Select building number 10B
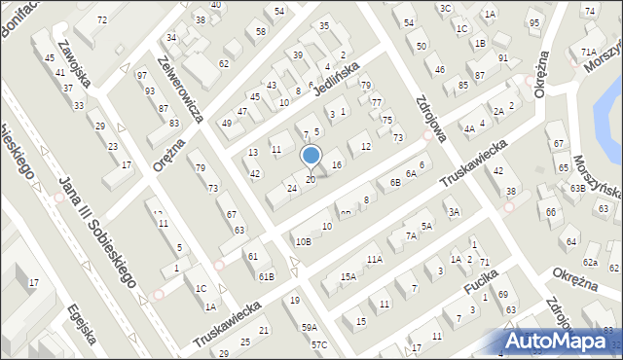point(303,242)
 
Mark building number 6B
point(395,182)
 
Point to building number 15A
point(348,277)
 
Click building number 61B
point(266,277)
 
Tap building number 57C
point(318,345)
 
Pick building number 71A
point(588,53)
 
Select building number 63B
point(577,188)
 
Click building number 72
point(103,19)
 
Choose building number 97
point(142,75)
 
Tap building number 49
point(226,124)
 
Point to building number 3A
point(453,212)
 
